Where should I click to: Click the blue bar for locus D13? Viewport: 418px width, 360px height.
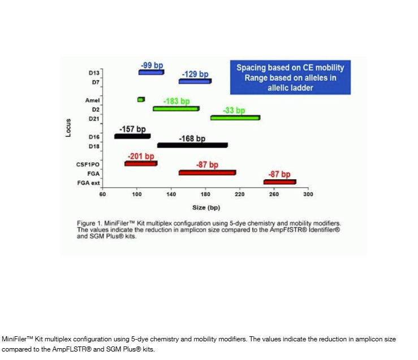tap(151, 72)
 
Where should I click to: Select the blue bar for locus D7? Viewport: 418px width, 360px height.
tap(195, 81)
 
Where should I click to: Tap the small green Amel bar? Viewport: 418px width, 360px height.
tap(141, 99)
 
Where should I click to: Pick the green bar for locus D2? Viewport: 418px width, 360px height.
tap(176, 108)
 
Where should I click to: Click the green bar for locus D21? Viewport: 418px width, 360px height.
tap(235, 118)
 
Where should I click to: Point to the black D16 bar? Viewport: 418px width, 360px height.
tap(132, 136)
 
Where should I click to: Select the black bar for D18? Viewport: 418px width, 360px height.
tap(192, 145)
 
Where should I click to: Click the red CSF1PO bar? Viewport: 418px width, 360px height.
tap(141, 163)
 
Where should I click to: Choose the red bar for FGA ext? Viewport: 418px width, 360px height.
tap(279, 182)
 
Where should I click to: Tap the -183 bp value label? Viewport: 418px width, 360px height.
tap(176, 101)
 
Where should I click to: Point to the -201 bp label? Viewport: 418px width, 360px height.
tap(141, 156)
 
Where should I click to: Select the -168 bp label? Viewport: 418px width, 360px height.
tap(192, 138)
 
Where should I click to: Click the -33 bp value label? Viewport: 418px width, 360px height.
tap(234, 110)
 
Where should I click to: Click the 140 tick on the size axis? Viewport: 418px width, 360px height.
tap(171, 194)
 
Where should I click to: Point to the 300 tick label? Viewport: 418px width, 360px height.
tap(308, 194)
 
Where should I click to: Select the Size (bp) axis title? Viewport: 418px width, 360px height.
tap(206, 207)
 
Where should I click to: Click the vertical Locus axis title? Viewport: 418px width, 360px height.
tap(68, 128)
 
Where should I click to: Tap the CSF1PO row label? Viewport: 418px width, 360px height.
tap(88, 164)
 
